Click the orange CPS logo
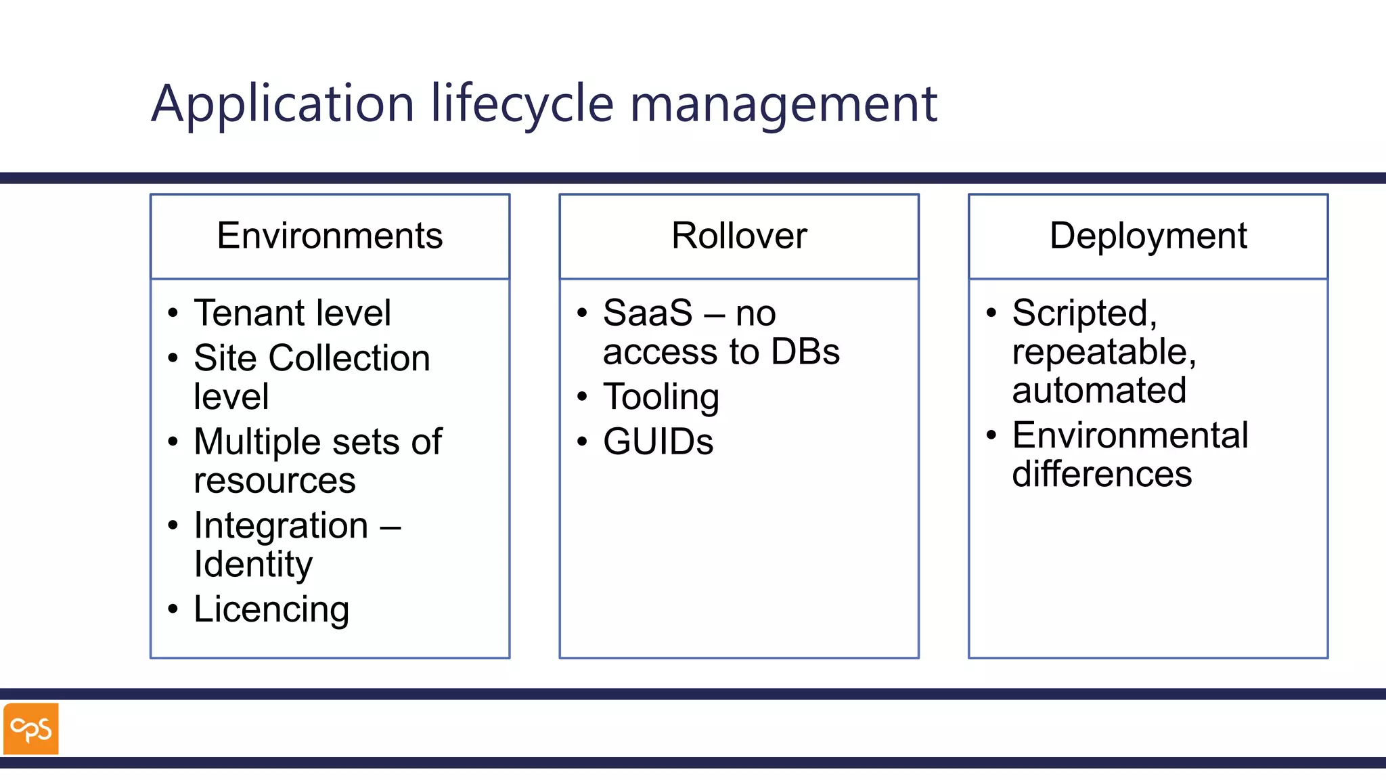pos(31,729)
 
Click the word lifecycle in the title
pos(522,104)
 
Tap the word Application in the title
pos(282,104)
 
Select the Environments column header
pos(330,236)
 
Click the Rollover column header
pos(739,236)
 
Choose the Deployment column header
pos(1148,236)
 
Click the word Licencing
pos(271,609)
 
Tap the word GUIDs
pos(658,441)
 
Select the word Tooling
pos(661,397)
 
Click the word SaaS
pos(648,313)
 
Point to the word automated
pos(1099,390)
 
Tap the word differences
pos(1102,474)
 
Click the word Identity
pos(253,564)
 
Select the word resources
pos(274,481)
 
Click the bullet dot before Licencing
pos(173,609)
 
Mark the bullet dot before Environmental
pos(991,435)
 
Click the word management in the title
pos(783,104)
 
